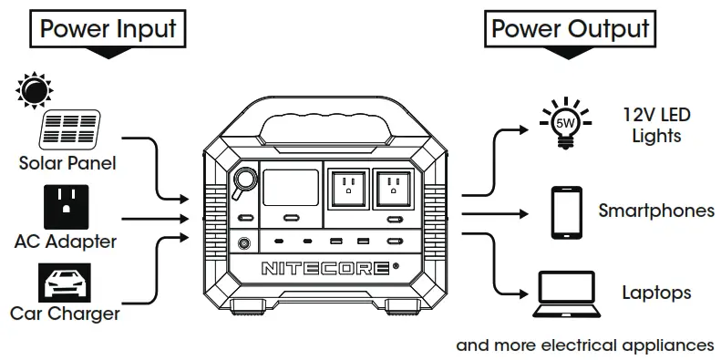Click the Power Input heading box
click(x=108, y=28)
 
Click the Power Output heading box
click(x=570, y=28)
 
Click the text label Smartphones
click(x=655, y=211)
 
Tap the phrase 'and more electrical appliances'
click(x=584, y=345)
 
